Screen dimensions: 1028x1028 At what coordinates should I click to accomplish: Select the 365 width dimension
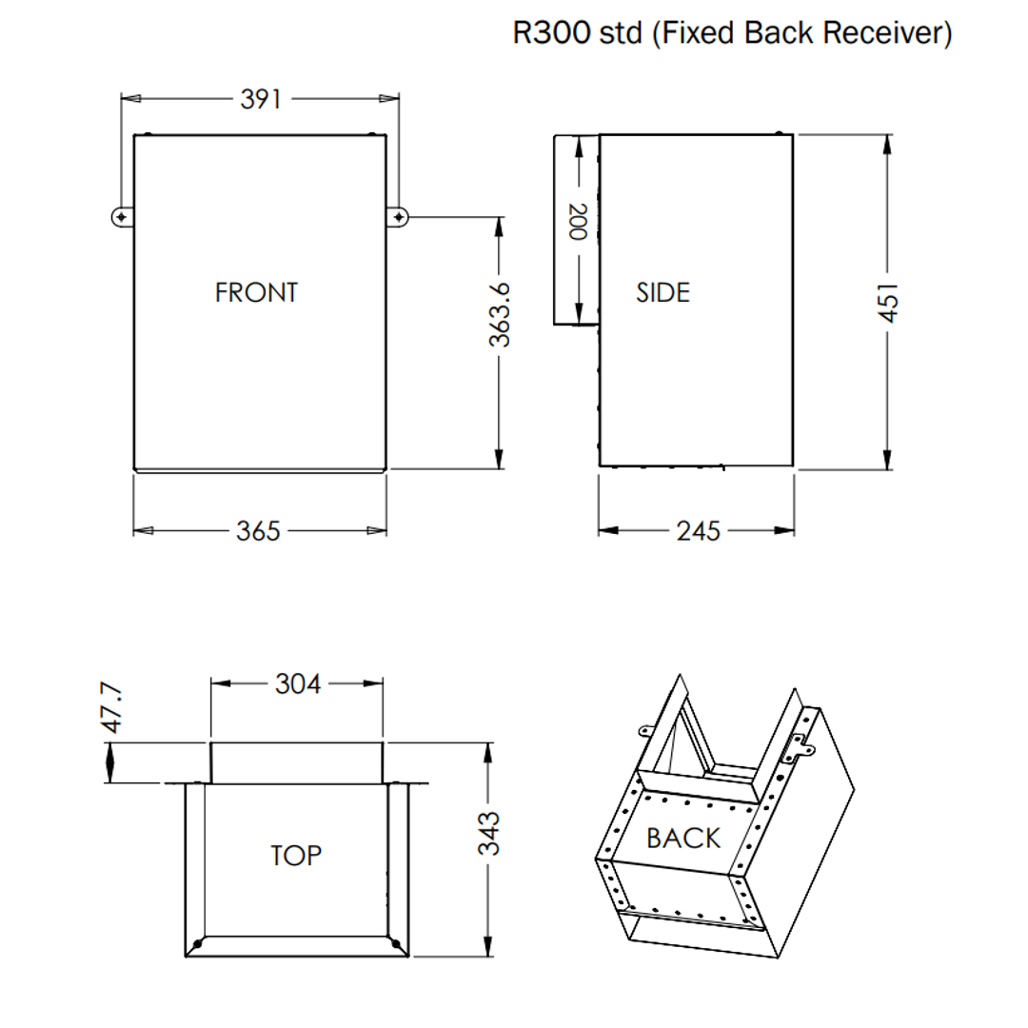point(258,531)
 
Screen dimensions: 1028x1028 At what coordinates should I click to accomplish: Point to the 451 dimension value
point(887,302)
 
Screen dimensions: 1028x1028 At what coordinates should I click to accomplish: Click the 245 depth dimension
point(699,531)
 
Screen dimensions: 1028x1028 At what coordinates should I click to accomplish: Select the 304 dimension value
point(298,683)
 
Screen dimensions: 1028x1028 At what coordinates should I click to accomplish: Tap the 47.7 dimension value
point(112,706)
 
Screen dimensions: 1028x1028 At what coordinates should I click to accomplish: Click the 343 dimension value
point(488,834)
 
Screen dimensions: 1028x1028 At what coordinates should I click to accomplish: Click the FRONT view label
point(256,292)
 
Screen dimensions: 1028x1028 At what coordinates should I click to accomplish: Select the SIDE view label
point(662,292)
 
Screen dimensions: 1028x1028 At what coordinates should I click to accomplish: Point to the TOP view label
point(296,856)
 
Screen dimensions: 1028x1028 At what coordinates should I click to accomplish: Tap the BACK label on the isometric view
point(683,839)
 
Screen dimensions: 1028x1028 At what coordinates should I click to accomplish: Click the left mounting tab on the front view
point(121,217)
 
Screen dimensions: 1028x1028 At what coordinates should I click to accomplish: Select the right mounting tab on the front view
point(398,217)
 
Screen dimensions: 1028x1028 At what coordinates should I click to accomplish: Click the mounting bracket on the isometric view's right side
point(797,749)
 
